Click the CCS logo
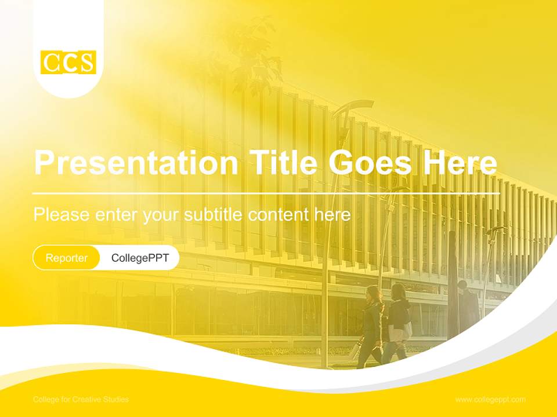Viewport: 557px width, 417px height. click(68, 63)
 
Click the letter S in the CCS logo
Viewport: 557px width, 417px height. click(86, 63)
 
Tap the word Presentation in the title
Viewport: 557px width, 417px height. click(136, 163)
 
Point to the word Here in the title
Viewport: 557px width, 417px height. click(459, 163)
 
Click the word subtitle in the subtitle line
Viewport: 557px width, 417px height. click(215, 215)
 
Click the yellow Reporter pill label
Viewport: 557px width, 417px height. click(67, 258)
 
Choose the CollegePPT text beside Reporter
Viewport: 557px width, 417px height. click(140, 258)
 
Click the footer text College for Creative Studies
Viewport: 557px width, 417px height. click(81, 400)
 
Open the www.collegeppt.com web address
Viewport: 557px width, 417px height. click(490, 400)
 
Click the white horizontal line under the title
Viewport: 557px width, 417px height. click(266, 193)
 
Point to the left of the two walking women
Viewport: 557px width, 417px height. click(371, 324)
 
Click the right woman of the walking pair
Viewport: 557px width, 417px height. click(399, 321)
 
